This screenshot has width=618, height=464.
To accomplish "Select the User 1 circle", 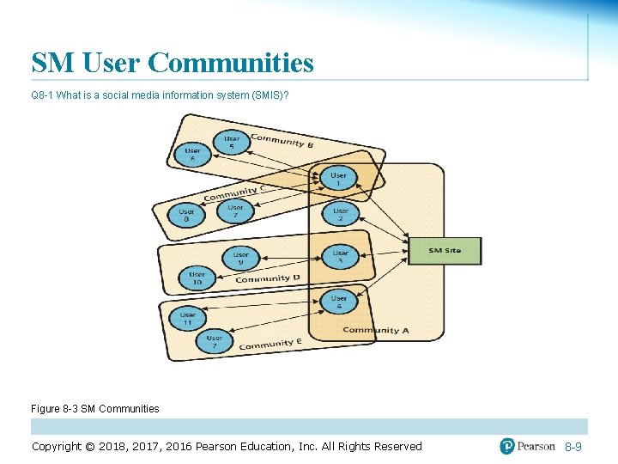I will (340, 179).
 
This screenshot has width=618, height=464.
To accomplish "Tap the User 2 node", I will (341, 214).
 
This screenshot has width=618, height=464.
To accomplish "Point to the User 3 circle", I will (341, 256).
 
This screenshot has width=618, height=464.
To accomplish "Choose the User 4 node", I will (340, 302).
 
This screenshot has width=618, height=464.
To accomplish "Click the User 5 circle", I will (233, 143).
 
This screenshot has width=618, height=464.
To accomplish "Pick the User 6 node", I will (192, 155).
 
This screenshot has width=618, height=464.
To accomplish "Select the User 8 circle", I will (186, 215).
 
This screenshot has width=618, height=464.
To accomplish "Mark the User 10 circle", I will (197, 278).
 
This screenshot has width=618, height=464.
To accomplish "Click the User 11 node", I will (187, 319).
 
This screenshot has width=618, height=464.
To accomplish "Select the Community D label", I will (268, 278).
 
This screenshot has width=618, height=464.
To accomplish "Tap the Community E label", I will (270, 344).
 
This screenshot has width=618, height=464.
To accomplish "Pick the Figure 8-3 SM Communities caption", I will (94, 409).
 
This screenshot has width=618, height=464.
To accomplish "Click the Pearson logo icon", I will (507, 446).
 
